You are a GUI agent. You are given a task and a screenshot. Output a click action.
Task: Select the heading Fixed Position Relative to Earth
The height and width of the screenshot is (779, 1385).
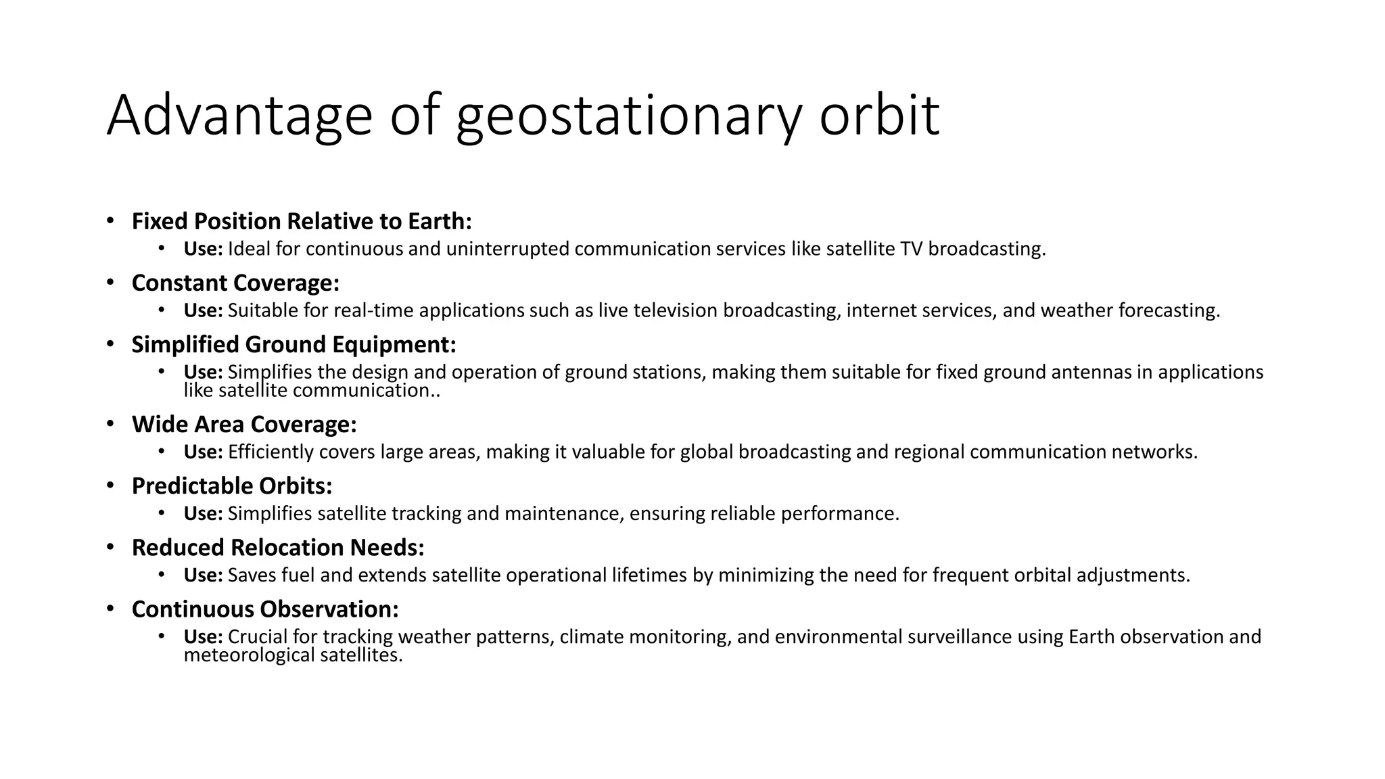[x=302, y=221]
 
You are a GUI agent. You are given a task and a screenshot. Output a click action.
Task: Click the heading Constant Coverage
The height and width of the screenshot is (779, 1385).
[x=235, y=283]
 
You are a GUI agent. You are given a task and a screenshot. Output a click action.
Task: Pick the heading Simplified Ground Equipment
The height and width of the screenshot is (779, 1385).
[x=294, y=344]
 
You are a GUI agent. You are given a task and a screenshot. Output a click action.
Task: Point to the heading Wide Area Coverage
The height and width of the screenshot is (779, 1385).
[x=243, y=424]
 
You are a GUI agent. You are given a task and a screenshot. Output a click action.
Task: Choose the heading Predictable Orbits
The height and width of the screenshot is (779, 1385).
[x=232, y=486]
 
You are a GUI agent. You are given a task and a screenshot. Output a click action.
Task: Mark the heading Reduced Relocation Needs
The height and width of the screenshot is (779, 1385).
[x=278, y=547]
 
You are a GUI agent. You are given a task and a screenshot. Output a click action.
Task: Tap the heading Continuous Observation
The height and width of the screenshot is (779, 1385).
[x=265, y=609]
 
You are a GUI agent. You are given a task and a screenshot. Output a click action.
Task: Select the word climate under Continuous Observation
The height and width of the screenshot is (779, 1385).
[x=592, y=637]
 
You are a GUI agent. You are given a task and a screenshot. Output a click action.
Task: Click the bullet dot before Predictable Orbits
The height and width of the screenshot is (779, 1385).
[x=110, y=486]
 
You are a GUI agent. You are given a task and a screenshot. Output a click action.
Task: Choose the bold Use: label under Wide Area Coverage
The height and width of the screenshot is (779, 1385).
[x=203, y=452]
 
